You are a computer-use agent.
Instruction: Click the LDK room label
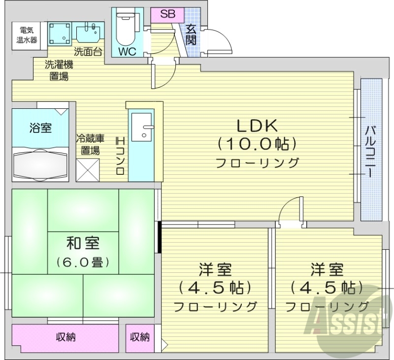pos(258,126)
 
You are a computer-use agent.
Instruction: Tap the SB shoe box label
pos(167,14)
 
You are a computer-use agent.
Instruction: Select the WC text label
pos(127,51)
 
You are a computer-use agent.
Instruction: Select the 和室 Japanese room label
pos(83,243)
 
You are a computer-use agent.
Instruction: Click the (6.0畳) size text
pos(83,262)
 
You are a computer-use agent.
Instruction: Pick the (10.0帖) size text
pos(258,144)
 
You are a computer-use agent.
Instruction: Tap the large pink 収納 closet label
pos(65,337)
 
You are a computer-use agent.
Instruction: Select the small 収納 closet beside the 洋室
pos(140,337)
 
